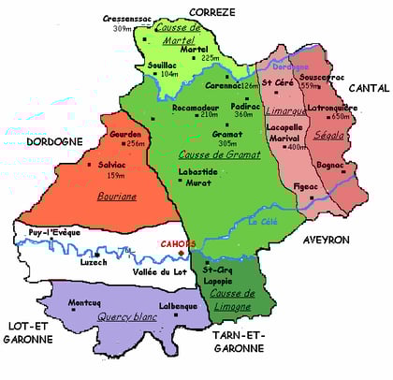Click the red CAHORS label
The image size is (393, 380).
tap(178, 244)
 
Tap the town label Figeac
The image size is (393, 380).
tap(281, 187)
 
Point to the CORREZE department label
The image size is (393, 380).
tap(212, 10)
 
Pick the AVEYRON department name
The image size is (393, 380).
tap(326, 240)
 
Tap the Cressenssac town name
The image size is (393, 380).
tap(131, 18)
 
